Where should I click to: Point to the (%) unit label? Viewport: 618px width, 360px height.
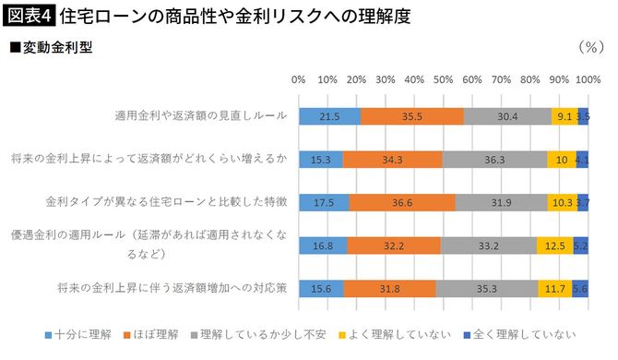(589, 45)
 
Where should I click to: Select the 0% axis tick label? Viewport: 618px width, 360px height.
(299, 80)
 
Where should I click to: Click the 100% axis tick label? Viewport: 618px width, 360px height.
(587, 80)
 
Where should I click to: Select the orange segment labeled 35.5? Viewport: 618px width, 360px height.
(412, 116)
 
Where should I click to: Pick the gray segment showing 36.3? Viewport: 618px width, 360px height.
(494, 159)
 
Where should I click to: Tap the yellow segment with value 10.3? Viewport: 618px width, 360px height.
(562, 201)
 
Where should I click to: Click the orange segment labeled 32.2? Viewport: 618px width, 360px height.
(394, 245)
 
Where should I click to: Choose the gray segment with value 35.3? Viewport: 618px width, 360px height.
(486, 287)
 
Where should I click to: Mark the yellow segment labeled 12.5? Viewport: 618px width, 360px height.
(555, 245)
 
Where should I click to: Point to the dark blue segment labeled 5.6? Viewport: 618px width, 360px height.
(581, 287)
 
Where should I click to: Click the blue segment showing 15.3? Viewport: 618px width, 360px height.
(320, 159)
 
